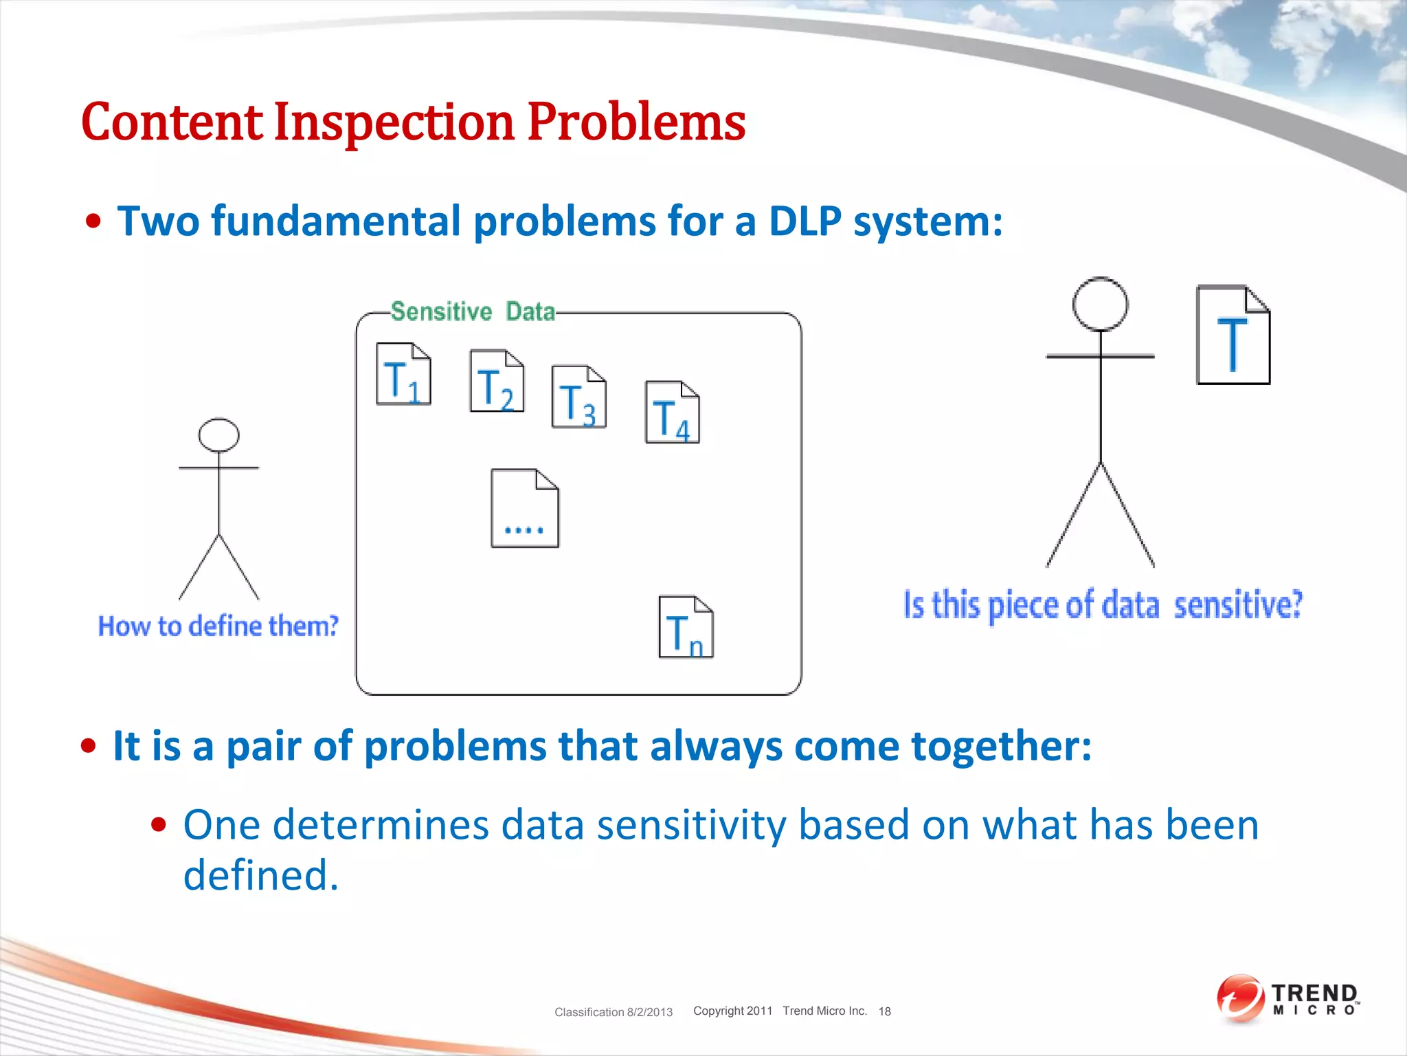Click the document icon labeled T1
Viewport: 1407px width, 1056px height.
[x=403, y=374]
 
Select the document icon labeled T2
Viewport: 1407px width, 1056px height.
[x=497, y=381]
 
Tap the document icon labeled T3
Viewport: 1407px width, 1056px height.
[x=578, y=397]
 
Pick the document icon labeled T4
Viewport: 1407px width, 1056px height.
[x=672, y=412]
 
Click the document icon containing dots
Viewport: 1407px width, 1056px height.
[x=525, y=509]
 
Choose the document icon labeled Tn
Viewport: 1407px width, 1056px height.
[x=686, y=627]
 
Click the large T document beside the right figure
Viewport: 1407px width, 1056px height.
[x=1233, y=335]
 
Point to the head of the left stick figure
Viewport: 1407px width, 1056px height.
[x=218, y=434]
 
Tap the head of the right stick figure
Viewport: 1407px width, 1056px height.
[x=1100, y=305]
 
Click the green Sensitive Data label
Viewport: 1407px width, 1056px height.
[x=473, y=312]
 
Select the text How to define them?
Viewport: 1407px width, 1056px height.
[x=218, y=626]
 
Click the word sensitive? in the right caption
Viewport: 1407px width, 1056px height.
[x=1237, y=605]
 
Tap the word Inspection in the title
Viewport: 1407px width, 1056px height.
[x=394, y=122]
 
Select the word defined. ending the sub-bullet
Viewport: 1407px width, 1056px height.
[x=261, y=875]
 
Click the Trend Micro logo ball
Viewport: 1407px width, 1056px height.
[x=1239, y=997]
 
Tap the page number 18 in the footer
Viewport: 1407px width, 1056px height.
[x=884, y=1011]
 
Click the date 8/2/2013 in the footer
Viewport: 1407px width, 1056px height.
[x=649, y=1012]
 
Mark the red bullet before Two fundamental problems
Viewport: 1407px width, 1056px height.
[x=93, y=222]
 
